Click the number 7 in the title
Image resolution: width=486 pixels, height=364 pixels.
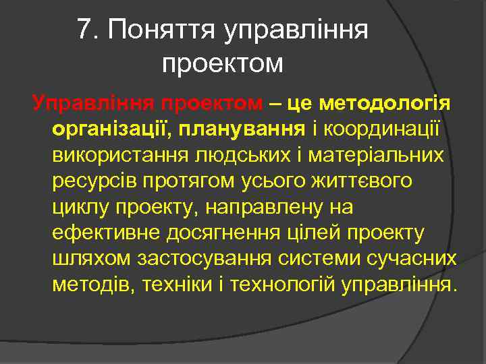(x=84, y=30)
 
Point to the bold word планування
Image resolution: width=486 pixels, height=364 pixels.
(x=226, y=129)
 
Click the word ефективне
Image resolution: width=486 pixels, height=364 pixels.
(x=101, y=233)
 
